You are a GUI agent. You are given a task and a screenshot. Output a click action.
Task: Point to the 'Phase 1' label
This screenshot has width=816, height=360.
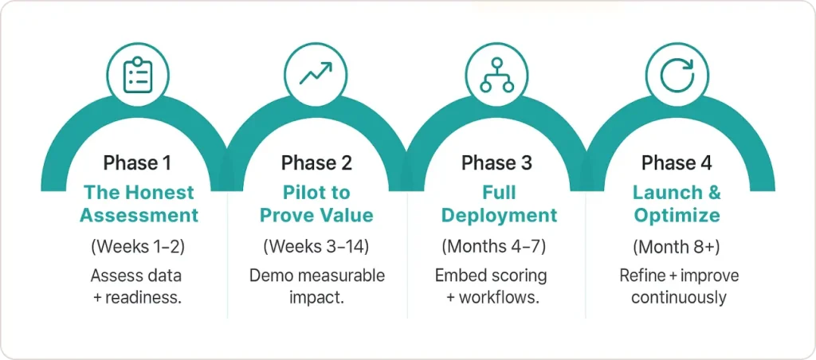click(x=137, y=163)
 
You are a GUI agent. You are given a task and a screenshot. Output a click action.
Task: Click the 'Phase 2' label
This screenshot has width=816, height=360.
click(x=316, y=163)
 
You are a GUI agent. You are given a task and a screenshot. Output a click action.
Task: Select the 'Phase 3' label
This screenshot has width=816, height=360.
click(x=496, y=163)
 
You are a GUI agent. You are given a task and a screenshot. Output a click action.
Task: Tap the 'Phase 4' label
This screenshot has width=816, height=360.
click(x=677, y=163)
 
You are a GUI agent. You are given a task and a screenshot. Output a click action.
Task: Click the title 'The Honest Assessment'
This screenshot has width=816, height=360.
click(x=138, y=204)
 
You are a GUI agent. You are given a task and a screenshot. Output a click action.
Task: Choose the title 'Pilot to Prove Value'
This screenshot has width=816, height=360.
click(x=316, y=204)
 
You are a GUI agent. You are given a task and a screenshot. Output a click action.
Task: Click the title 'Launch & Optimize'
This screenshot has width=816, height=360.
click(x=677, y=204)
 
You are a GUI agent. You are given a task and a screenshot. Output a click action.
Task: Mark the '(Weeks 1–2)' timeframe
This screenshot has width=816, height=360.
click(x=138, y=247)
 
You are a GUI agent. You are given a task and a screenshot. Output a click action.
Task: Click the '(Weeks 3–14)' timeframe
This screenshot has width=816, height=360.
click(x=316, y=247)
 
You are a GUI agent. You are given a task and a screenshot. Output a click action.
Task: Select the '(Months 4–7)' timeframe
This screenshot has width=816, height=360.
click(x=496, y=247)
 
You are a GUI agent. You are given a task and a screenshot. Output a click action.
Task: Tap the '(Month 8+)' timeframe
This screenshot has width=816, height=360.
click(x=677, y=247)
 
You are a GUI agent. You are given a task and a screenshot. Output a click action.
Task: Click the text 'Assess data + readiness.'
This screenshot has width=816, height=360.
click(x=138, y=287)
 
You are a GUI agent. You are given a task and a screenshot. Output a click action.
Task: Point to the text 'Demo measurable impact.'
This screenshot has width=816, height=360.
click(x=316, y=287)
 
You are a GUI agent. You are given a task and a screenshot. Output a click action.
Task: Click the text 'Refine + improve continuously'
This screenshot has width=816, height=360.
click(x=677, y=287)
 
